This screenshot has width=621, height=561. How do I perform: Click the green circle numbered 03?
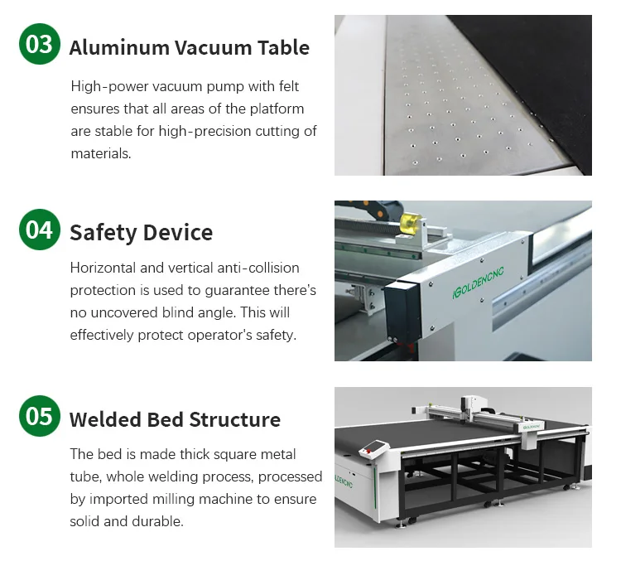click(x=40, y=45)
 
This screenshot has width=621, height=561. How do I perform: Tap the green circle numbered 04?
click(x=40, y=230)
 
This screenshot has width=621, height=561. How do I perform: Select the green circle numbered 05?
click(x=40, y=416)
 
